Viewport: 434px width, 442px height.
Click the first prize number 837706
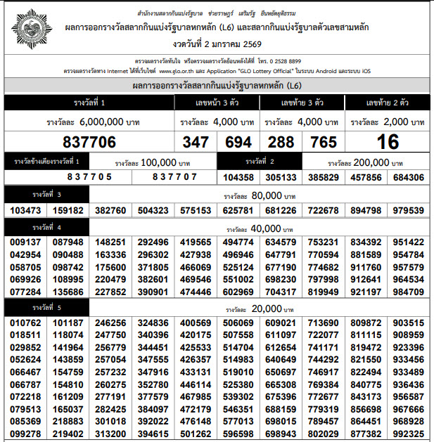tap(89, 141)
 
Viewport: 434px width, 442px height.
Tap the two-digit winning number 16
tap(388, 141)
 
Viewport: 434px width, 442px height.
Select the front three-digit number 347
tap(196, 142)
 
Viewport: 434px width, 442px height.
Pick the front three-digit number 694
tap(238, 142)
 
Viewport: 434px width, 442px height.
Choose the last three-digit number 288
tap(281, 142)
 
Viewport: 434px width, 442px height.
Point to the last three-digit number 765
tap(324, 142)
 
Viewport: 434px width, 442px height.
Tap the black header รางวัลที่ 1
tap(89, 103)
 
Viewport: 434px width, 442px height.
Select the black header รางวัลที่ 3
tap(47, 194)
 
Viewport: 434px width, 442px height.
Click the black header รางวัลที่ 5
tap(47, 307)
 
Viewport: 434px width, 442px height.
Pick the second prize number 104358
tap(237, 178)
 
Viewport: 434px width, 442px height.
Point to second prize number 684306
tap(409, 178)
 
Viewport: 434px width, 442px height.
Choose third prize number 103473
tap(26, 210)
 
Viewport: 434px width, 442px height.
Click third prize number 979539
tap(409, 210)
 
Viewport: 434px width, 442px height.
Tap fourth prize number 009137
tap(26, 242)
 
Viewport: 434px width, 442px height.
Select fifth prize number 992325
tap(409, 434)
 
